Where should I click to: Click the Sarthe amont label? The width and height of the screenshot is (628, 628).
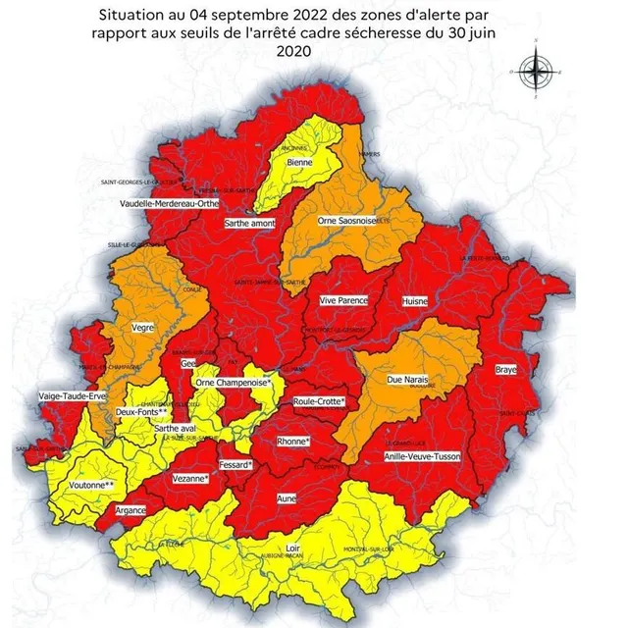click(x=249, y=224)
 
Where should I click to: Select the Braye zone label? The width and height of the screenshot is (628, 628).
click(x=505, y=371)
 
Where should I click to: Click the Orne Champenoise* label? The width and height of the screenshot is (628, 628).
click(x=233, y=382)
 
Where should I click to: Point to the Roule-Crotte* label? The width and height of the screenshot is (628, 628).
click(x=319, y=401)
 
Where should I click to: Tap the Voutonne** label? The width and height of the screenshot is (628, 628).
click(x=92, y=485)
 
